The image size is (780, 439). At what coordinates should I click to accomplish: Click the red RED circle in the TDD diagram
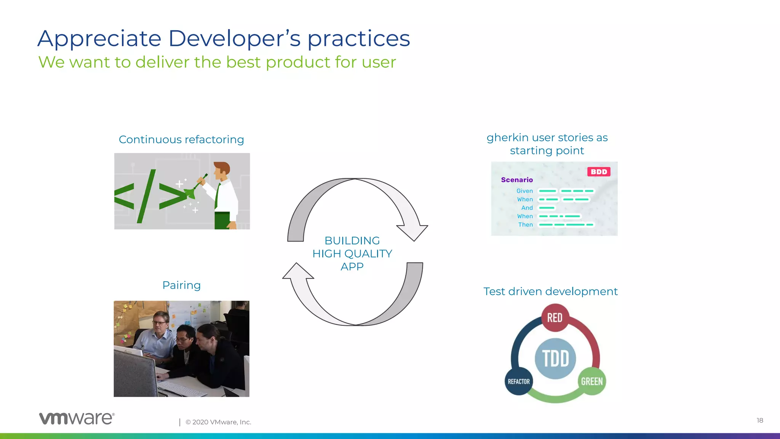click(555, 317)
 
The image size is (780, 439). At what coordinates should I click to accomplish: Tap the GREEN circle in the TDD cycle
click(592, 381)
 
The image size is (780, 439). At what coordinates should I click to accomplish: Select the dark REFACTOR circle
click(518, 381)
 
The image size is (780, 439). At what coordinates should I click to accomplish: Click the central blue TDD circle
click(555, 359)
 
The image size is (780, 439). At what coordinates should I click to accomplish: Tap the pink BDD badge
click(599, 172)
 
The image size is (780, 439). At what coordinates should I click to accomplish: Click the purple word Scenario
click(517, 180)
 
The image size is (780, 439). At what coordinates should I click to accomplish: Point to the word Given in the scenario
click(524, 191)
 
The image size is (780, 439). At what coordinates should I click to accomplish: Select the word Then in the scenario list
click(525, 225)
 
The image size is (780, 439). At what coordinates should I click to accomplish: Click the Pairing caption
click(181, 285)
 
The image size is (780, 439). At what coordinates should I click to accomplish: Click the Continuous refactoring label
click(181, 139)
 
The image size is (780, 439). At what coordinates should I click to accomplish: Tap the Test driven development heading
click(550, 292)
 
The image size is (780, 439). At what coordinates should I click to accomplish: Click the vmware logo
click(77, 418)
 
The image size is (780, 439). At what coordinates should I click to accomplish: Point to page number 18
click(759, 420)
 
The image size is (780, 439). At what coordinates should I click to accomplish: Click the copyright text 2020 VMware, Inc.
click(218, 422)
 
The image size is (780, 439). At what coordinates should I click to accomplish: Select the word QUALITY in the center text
click(368, 254)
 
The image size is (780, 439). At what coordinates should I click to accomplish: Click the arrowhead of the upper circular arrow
click(413, 231)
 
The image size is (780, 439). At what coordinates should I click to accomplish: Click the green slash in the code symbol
click(147, 196)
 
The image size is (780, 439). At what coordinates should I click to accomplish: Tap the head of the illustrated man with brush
click(222, 170)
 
